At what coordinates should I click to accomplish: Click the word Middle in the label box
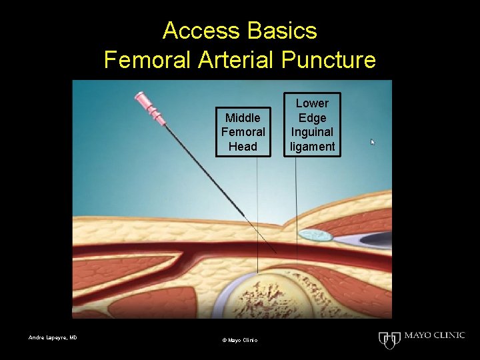[x=243, y=118]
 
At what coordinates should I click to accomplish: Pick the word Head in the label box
[x=243, y=146]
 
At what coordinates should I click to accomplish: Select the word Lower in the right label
[x=312, y=103]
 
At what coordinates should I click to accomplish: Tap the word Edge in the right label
[x=312, y=118]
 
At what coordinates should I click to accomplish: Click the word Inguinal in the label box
[x=312, y=132]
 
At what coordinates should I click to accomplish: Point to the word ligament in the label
[x=312, y=146]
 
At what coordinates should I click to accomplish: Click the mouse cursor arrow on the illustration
[x=373, y=142]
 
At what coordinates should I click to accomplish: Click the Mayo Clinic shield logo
[x=388, y=339]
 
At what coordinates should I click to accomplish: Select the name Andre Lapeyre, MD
[x=53, y=337]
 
